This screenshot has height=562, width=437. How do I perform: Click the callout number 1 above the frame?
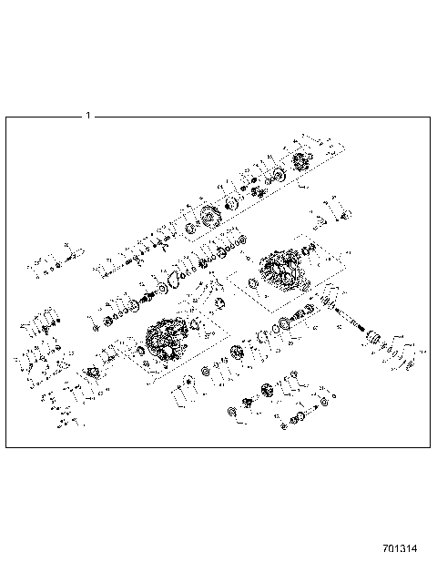[x=87, y=116]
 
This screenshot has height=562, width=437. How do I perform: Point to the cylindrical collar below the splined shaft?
[x=376, y=342]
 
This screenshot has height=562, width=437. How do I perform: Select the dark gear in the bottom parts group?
[x=269, y=392]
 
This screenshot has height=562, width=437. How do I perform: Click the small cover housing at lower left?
[x=93, y=373]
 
